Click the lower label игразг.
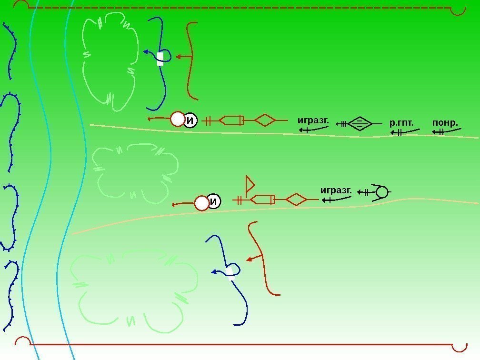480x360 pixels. (x=336, y=190)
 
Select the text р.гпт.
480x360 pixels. (x=401, y=124)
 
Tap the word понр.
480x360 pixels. (x=445, y=124)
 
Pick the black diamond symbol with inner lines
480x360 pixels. (x=360, y=124)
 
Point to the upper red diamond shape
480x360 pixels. (x=265, y=120)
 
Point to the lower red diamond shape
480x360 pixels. (x=296, y=200)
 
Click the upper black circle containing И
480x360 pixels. (x=190, y=121)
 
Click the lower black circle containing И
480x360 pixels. (x=214, y=202)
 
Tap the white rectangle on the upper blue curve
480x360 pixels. (x=160, y=58)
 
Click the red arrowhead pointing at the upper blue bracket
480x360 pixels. (x=179, y=57)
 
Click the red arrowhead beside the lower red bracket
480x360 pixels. (x=249, y=260)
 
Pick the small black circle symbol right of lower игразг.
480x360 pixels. (x=381, y=192)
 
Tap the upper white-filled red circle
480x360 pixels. (x=178, y=119)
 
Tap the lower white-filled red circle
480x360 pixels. (x=202, y=203)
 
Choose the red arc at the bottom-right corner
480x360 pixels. (x=460, y=346)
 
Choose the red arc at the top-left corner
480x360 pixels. (x=20, y=6)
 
